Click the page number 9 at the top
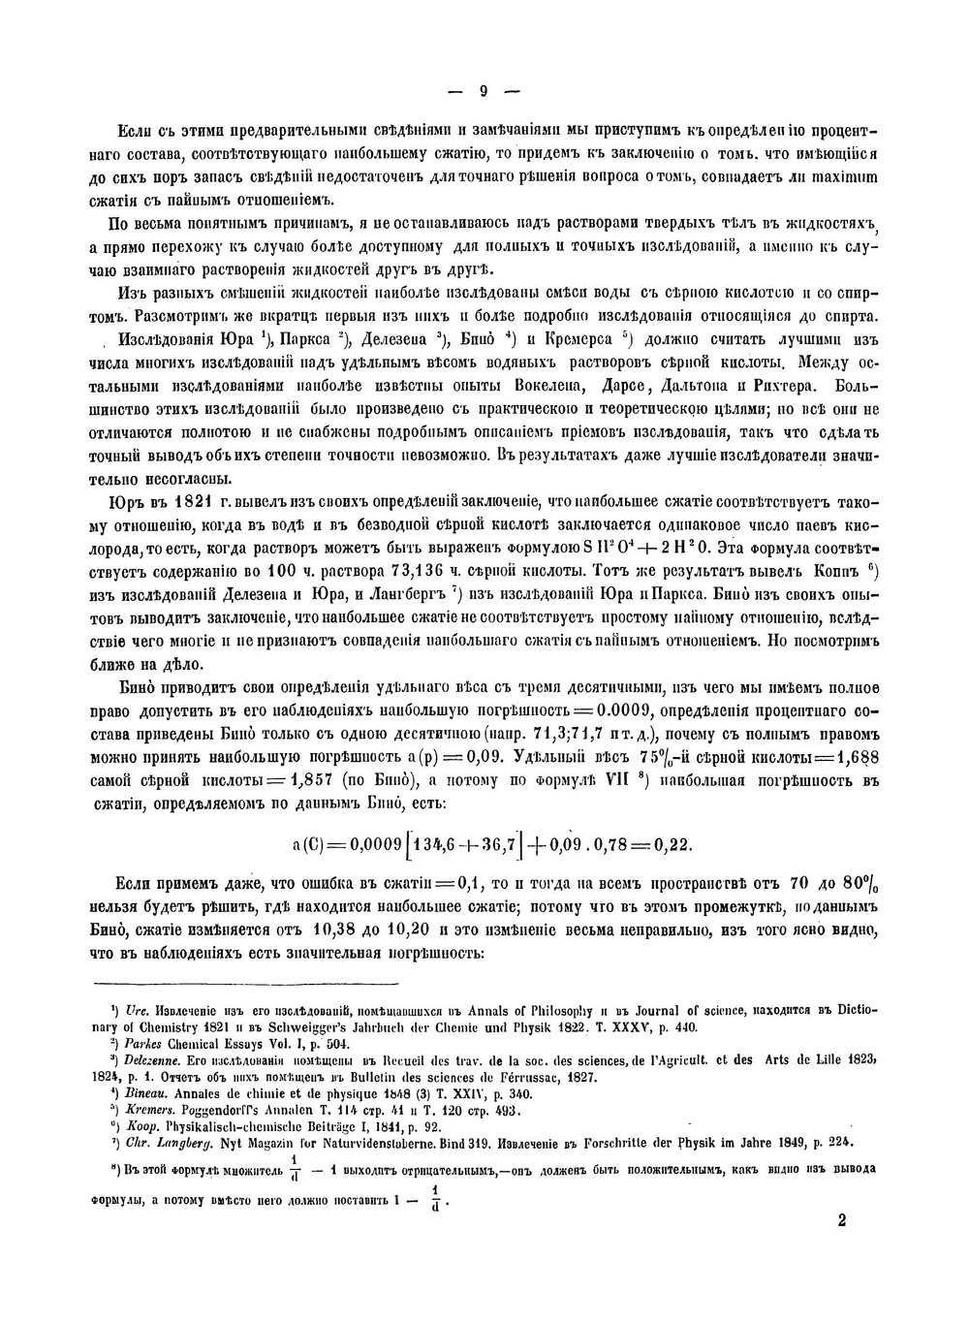pyautogui.click(x=484, y=93)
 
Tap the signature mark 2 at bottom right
pyautogui.click(x=841, y=1219)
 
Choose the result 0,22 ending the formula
pyautogui.click(x=673, y=844)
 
